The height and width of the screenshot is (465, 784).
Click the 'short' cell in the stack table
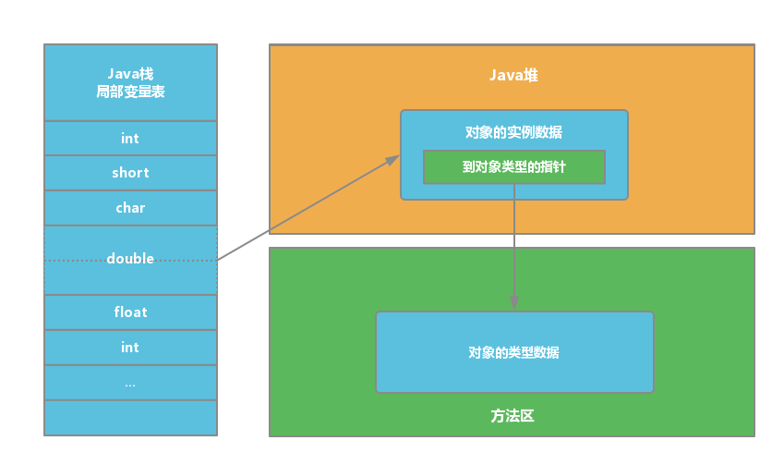pos(130,173)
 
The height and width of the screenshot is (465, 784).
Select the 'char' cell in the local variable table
pos(130,208)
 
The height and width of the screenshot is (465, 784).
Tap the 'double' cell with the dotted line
pos(130,259)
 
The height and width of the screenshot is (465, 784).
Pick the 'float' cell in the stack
pos(130,312)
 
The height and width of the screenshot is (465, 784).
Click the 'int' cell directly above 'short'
pos(130,139)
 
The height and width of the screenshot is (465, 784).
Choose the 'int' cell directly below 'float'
pos(130,348)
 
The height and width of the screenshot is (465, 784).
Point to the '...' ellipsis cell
pos(130,383)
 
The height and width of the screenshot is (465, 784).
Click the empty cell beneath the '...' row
pos(130,417)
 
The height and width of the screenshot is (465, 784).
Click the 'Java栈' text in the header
pos(130,74)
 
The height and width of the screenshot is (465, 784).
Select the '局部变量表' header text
pos(130,92)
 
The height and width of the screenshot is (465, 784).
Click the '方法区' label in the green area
pos(513,416)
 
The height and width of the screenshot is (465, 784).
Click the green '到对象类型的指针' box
pos(513,168)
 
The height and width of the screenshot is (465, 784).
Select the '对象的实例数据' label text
pos(513,133)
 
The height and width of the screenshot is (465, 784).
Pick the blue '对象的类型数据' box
pos(514,352)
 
